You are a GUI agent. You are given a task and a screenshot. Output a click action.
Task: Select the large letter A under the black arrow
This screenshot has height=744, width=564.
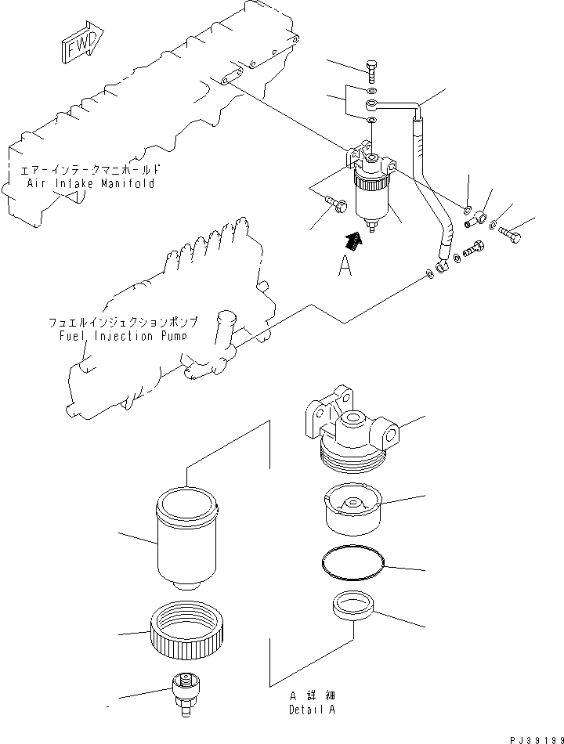(345, 267)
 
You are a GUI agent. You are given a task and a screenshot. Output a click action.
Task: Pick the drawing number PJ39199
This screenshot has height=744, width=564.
(535, 738)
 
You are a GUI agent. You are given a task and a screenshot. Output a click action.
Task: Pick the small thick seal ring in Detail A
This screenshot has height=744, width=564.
(352, 606)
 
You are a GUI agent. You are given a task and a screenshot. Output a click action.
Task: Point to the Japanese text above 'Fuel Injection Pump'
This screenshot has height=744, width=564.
(122, 322)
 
